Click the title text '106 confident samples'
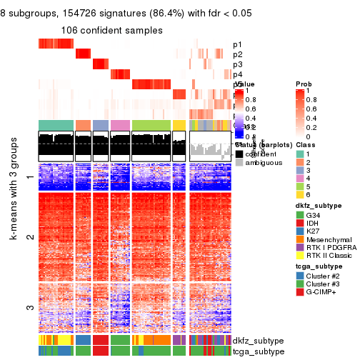pyautogui.click(x=111, y=31)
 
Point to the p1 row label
pyautogui.click(x=237, y=44)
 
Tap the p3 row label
pyautogui.click(x=237, y=64)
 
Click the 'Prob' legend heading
pyautogui.click(x=304, y=84)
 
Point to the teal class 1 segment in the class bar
pyautogui.click(x=55, y=125)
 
